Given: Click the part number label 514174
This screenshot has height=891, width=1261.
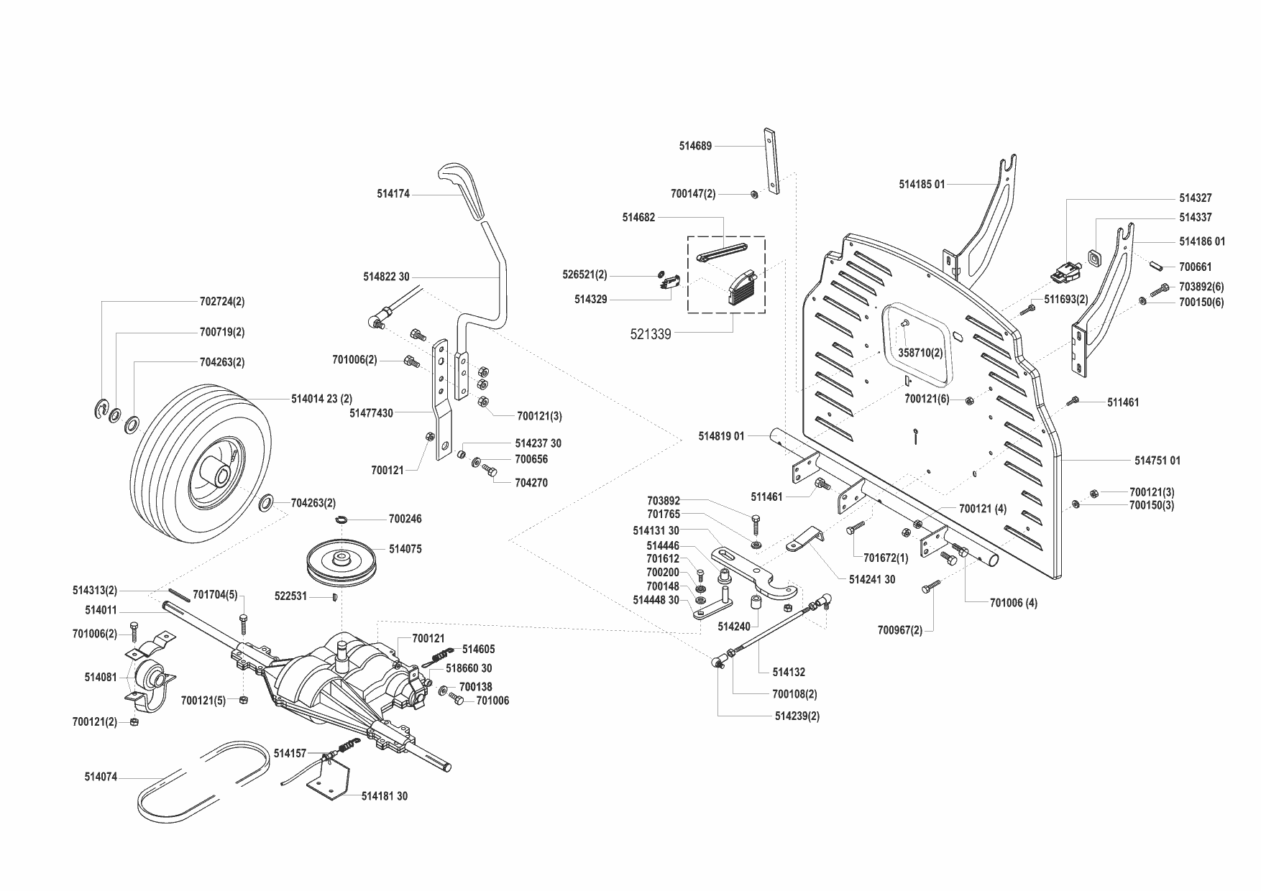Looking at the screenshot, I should (393, 194).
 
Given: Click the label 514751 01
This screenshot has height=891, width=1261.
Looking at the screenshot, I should (1157, 461).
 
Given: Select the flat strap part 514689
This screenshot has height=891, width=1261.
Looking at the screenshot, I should (771, 162).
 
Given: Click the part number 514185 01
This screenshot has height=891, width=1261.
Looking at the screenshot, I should (922, 185).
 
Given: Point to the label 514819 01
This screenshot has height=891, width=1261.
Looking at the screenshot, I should (721, 436).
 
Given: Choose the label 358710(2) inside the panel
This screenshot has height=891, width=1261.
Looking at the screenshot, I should (921, 354).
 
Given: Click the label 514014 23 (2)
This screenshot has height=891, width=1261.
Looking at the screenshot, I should (321, 399).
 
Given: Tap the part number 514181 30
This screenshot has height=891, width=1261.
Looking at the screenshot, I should (384, 796).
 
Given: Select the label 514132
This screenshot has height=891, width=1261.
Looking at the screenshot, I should (789, 673).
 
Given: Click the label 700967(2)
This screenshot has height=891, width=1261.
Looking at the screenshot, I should (899, 631).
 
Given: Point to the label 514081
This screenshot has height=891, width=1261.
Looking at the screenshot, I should (100, 678).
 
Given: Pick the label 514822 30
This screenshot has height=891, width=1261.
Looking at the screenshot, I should (386, 277).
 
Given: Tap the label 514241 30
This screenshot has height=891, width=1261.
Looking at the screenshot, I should (872, 580).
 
